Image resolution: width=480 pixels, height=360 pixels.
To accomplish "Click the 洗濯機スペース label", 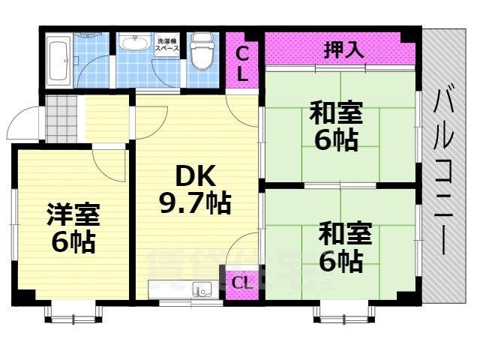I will pyautogui.click(x=167, y=44).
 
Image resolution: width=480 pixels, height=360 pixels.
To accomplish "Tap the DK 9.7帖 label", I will pyautogui.click(x=193, y=189).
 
